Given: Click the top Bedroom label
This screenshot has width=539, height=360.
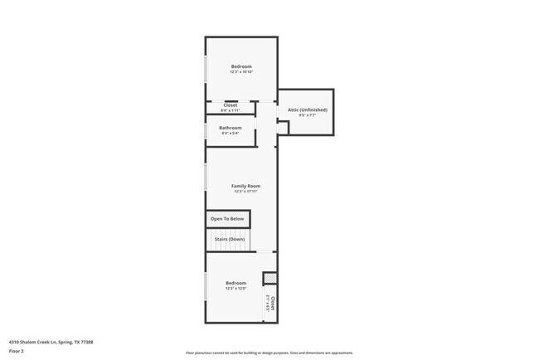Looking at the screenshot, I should coord(241,66).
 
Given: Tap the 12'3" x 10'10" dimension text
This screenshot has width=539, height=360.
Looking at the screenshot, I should coord(241,72).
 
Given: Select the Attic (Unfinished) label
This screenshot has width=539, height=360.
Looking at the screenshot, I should coord(307,109).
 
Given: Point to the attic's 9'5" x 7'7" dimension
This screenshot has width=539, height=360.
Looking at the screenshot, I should coord(307,115).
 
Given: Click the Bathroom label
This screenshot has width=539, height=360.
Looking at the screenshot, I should coord(231,128).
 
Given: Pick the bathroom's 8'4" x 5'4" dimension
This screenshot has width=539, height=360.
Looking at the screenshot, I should coord(231,134).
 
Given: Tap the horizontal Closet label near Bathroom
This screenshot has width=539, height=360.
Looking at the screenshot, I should coord(230,105).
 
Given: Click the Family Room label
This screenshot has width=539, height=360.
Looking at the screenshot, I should coord(245,186).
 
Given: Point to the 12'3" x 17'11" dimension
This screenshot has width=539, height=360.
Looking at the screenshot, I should coord(245,192).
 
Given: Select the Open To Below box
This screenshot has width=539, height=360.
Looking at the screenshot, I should coord(227,219).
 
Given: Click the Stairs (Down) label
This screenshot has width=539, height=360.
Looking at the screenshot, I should coord(230,239).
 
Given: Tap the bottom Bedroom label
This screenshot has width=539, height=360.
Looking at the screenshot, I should coord(236,283).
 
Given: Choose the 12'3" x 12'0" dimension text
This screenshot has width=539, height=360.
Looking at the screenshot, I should coord(236,289).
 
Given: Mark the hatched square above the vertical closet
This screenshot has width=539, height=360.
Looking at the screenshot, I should coord(269,278).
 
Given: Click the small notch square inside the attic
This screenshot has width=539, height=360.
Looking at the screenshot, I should coord(283,128).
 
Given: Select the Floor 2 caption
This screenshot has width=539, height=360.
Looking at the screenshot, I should coord(17,351).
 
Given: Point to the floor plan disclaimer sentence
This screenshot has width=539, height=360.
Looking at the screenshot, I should coord(269,353).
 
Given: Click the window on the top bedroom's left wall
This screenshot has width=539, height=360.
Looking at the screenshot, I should coord(206,69).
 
